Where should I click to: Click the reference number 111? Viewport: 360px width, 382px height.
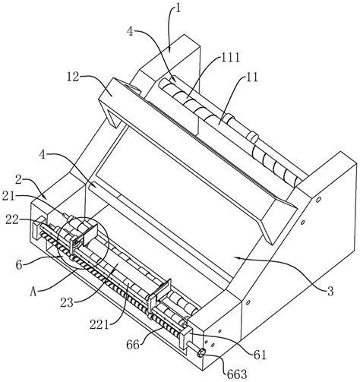pos(230,58)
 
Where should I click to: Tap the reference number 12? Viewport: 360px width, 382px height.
pos(74,77)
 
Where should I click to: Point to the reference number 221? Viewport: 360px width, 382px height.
pos(99,324)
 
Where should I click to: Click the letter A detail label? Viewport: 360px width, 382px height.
pos(33,292)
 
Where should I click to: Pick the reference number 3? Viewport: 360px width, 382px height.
pos(330,292)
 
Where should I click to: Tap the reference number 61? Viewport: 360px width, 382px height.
pos(260,355)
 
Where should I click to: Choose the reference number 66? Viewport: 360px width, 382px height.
pos(133,345)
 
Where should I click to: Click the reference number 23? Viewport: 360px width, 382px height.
pos(67,303)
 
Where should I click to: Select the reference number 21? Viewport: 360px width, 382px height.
pos(9,196)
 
